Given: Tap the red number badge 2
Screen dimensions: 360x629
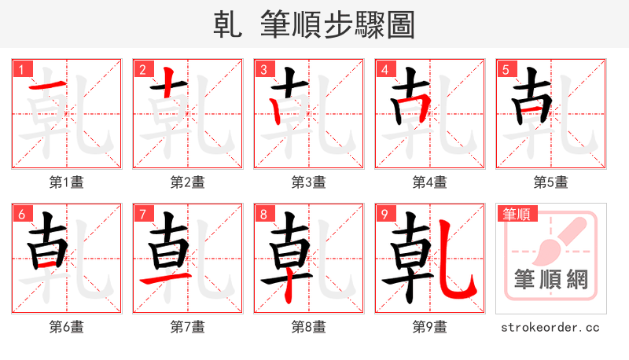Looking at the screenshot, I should tap(142, 69).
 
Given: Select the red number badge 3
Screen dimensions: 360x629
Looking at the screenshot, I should tap(263, 69).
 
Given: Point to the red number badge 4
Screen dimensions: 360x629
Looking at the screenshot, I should tap(384, 69).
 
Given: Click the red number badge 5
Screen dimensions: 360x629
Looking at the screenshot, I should tap(506, 69).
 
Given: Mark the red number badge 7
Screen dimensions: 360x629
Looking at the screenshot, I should tap(142, 214).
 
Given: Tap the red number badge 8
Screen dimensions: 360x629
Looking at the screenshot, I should tap(263, 214).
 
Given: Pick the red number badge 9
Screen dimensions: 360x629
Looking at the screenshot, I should tap(384, 214).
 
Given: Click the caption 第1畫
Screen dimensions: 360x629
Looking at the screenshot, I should tap(66, 182).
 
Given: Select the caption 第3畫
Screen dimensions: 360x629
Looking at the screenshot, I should tap(308, 182).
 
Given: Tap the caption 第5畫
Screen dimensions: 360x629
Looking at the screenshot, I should tap(550, 182).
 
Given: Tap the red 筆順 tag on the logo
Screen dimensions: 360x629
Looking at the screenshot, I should tap(517, 214).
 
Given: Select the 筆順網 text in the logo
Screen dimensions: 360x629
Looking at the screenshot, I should tap(551, 280).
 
